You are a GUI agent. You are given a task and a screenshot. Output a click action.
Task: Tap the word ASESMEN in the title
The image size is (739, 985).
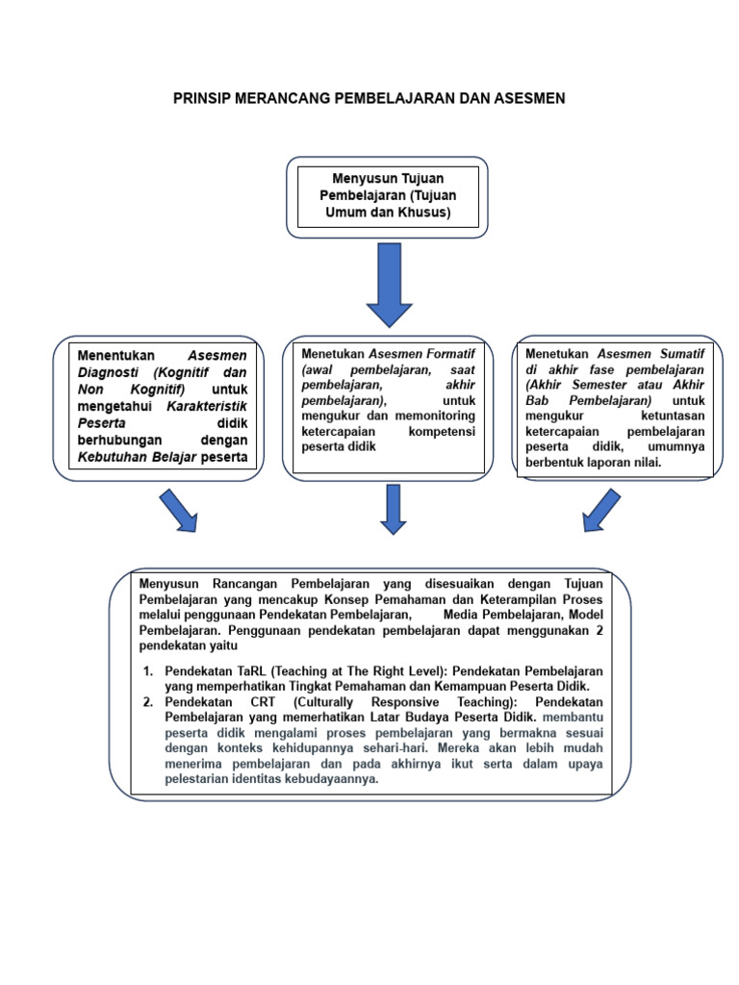530,98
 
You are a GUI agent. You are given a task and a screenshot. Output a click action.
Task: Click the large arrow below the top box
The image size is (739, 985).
389,285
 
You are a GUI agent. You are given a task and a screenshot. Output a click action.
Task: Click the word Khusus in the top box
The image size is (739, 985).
424,212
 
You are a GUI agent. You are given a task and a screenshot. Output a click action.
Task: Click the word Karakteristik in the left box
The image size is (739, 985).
207,405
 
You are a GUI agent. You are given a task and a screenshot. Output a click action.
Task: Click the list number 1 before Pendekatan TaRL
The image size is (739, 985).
149,669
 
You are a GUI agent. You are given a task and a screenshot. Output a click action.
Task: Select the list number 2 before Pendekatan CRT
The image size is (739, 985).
149,702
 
